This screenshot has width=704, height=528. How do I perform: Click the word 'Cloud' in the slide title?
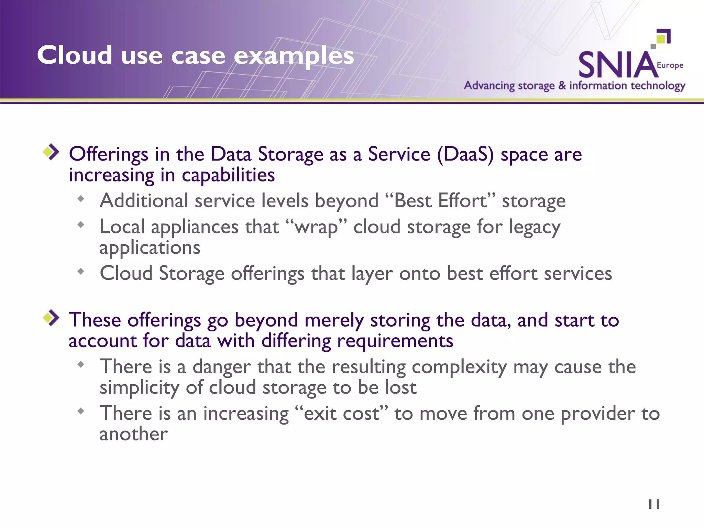75,55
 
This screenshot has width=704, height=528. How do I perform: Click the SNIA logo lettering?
617,65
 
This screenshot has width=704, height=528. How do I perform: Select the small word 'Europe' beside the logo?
670,65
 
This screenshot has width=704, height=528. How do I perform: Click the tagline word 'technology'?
658,86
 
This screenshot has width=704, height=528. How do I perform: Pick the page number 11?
654,504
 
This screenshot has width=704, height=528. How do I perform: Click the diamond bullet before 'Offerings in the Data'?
51,152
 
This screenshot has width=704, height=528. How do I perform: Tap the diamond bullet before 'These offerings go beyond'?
51,318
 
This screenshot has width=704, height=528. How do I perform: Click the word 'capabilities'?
228,175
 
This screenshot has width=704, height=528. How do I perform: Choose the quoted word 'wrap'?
316,228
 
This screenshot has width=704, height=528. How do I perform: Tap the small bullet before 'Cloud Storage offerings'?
81,272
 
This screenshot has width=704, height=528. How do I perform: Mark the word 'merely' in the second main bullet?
334,320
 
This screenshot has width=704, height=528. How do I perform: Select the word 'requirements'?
395,341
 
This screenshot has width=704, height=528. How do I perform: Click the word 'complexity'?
459,367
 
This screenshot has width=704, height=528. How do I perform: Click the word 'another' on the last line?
133,434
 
